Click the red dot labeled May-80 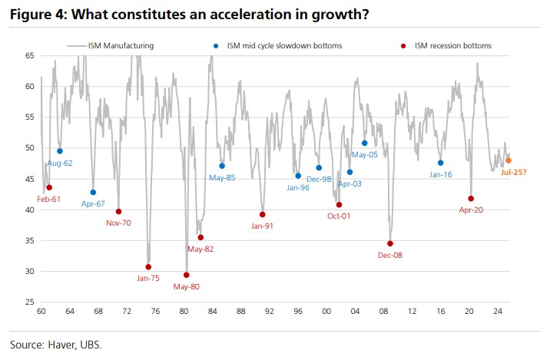point(187,275)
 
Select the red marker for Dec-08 point(390,243)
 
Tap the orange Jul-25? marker point(509,160)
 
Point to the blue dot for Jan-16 point(440,163)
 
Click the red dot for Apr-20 point(471,199)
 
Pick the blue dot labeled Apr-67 point(93,193)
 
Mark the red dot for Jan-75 point(148,266)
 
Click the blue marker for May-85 point(222,166)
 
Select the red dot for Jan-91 point(262,214)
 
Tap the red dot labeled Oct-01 point(339,204)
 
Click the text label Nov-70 point(119,223)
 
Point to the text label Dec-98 point(319,179)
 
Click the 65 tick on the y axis point(29,56)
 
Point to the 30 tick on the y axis point(29,271)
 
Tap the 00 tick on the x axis point(326,313)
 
